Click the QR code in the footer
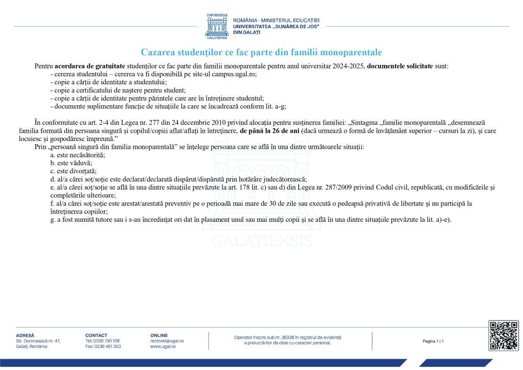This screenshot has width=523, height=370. [503, 335]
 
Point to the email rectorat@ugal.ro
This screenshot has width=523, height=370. [167, 341]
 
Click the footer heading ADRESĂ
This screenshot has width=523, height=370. [25, 335]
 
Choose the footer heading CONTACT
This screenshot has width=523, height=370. [97, 335]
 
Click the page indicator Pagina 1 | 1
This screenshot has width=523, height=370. [433, 341]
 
